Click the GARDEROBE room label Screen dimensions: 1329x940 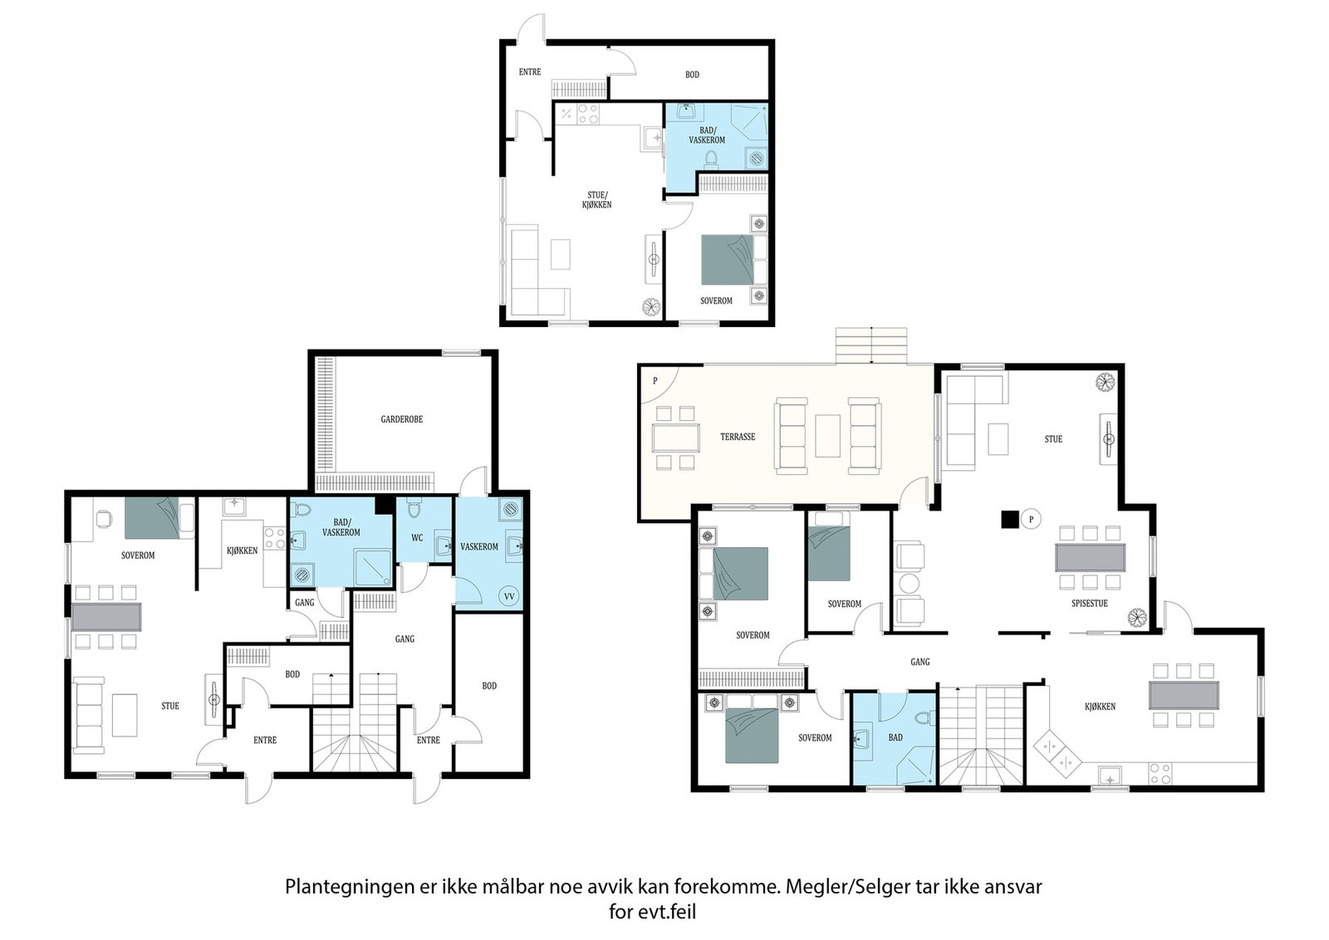coord(402,419)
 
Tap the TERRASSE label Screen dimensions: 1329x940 coord(738,437)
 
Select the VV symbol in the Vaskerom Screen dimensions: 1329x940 coord(508,596)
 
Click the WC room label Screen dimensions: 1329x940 coord(417,538)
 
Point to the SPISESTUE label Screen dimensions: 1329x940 coord(1089,603)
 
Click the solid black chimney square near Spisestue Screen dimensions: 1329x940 coord(1010,519)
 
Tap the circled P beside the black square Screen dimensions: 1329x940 coord(1031,520)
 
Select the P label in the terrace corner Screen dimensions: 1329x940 coord(655,381)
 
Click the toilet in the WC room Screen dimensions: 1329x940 coord(414,509)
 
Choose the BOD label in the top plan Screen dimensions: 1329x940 coord(692,75)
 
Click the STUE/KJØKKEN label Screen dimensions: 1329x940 coord(597,200)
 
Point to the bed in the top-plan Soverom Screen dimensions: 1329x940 coord(728,260)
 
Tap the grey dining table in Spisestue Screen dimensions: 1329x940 coord(1090,557)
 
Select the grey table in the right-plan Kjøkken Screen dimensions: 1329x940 coord(1184,695)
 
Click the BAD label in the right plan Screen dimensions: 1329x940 coord(895,737)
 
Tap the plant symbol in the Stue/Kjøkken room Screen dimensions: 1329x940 coord(651,306)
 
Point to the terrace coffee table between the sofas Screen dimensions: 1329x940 coord(827,436)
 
